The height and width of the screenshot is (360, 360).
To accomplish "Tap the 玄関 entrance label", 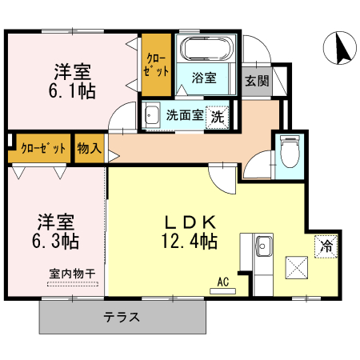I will [257, 80].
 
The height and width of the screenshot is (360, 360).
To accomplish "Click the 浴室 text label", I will [205, 78].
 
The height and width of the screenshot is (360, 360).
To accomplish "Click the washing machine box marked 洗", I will [216, 116].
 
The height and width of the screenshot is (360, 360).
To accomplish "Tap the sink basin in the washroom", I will [152, 117].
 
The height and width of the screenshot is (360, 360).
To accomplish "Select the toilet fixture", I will [290, 150].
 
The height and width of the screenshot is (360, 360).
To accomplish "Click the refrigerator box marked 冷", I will [326, 246].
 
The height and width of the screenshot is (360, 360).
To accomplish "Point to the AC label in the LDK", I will [223, 281].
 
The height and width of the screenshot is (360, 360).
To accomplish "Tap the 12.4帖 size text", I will [189, 239].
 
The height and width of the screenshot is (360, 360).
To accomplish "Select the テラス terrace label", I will [122, 317].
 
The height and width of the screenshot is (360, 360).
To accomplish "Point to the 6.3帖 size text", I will [55, 239].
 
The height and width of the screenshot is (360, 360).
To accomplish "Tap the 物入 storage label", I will [90, 148].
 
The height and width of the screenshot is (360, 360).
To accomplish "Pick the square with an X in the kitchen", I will [295, 266].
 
